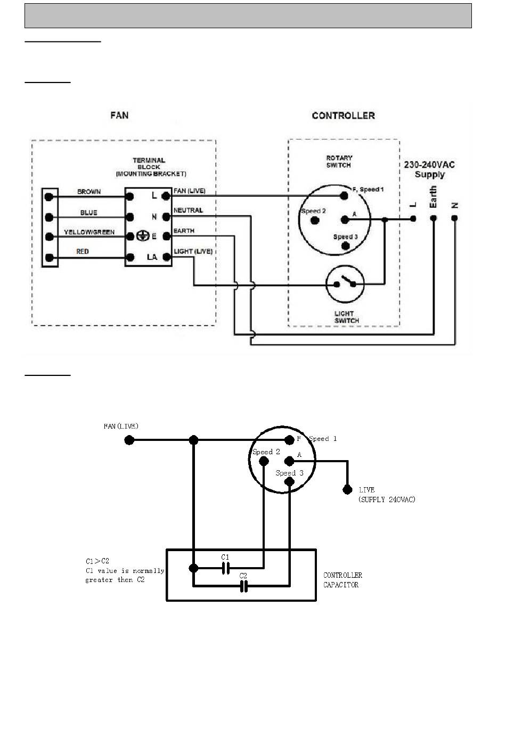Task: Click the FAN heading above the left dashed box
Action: coord(119,115)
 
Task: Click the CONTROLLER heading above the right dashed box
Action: coord(343,116)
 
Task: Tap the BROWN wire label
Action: coord(89,191)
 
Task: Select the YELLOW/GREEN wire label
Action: coord(89,232)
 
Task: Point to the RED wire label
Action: coord(83,251)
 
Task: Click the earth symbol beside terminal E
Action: coord(143,235)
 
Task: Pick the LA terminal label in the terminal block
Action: coord(152,257)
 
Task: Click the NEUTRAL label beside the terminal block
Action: coord(188,210)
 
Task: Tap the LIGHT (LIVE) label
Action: coord(193,251)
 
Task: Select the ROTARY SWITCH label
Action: coord(339,161)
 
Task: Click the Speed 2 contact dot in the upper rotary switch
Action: coord(315,220)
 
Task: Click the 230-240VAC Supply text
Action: coord(429,169)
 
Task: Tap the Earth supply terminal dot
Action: coord(434,218)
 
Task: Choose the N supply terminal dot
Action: coord(455,218)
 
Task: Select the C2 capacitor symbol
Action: coord(243,586)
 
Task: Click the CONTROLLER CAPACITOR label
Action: coord(342,580)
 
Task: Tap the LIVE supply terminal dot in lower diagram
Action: coord(347,489)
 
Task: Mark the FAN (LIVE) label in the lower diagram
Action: coord(121,426)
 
